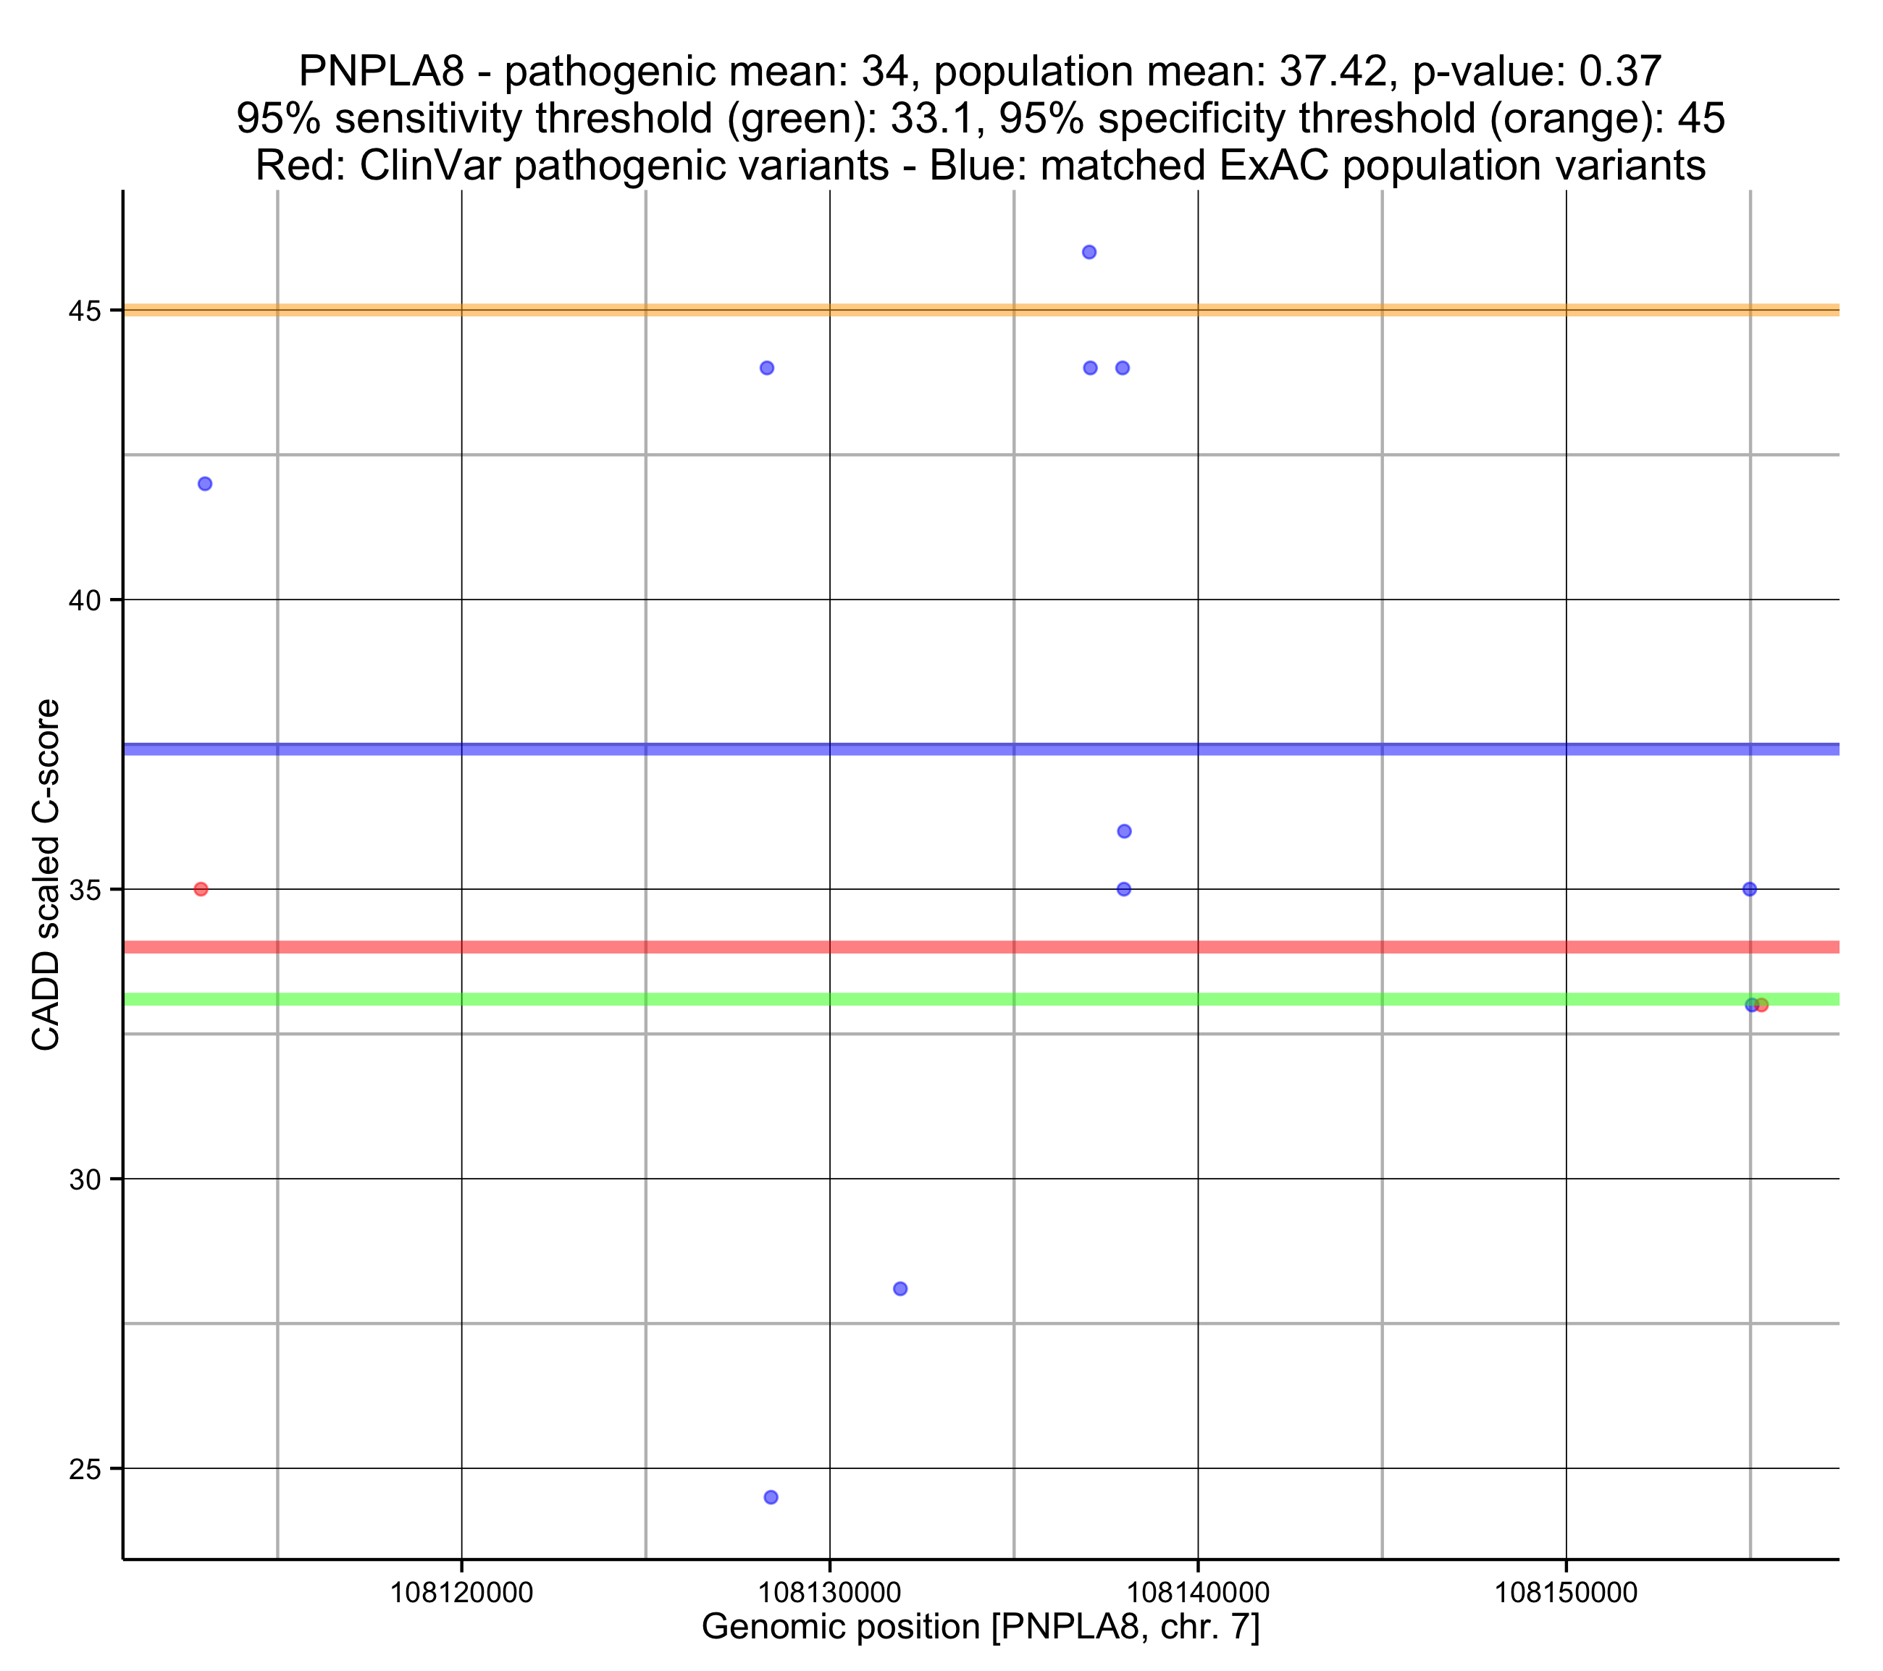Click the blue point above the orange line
(1089, 253)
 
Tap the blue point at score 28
(900, 1289)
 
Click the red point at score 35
(201, 889)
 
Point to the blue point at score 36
(1124, 831)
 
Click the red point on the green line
(1761, 1005)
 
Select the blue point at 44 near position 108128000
(766, 368)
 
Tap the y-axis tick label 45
(84, 311)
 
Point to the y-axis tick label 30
(84, 1179)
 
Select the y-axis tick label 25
(84, 1468)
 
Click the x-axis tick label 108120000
(461, 1593)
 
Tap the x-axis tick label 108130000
(829, 1593)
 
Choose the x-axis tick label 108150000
(1566, 1593)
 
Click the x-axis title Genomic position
(980, 1627)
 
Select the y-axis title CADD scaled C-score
(46, 875)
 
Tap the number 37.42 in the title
(1333, 71)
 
